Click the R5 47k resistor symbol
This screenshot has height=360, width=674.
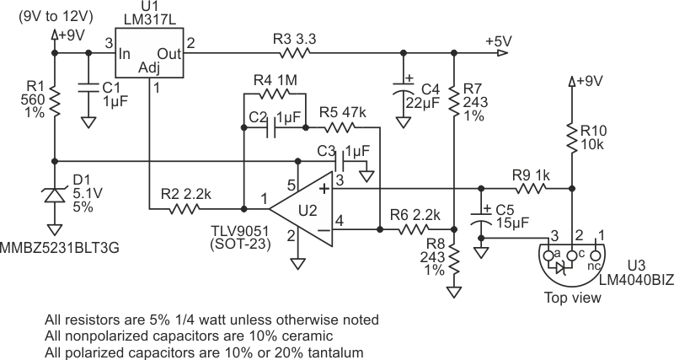pyautogui.click(x=340, y=129)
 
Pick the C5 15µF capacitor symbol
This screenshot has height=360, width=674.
pyautogui.click(x=481, y=221)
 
